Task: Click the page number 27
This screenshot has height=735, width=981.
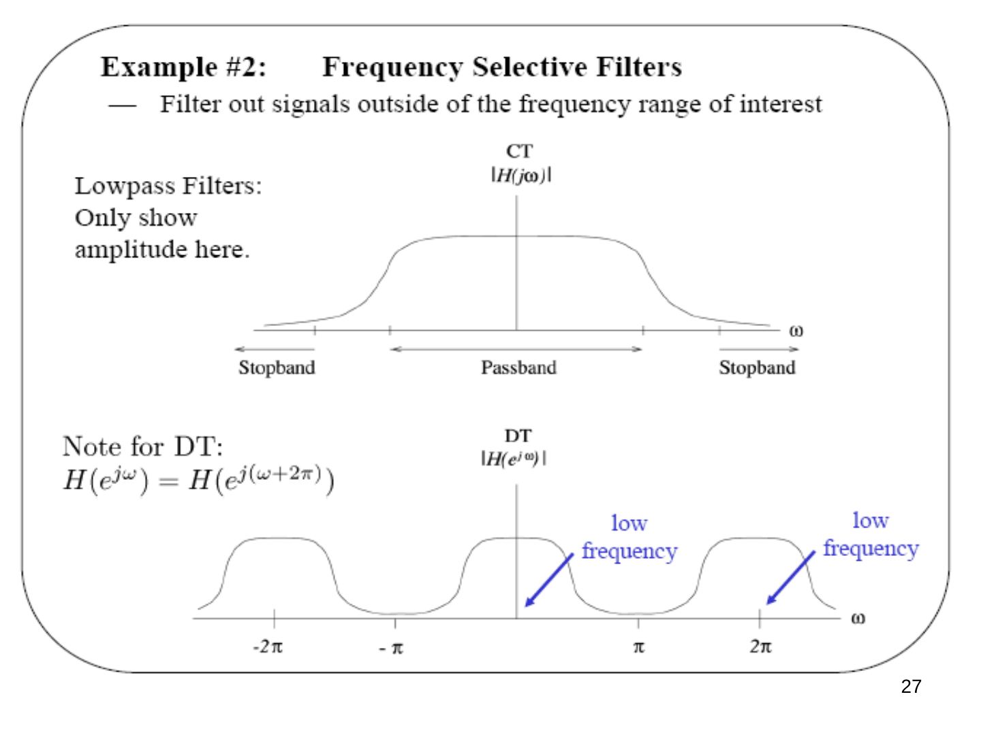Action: click(910, 687)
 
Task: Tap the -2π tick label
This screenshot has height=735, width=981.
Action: click(268, 647)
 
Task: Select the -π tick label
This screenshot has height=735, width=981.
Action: click(391, 648)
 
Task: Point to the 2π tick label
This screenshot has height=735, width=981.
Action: click(760, 647)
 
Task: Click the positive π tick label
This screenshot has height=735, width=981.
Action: click(638, 647)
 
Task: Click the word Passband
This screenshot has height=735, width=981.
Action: click(518, 367)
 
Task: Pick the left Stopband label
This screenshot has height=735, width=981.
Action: click(277, 367)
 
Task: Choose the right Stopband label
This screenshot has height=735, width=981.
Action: click(757, 367)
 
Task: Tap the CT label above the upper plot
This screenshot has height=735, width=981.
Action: click(519, 151)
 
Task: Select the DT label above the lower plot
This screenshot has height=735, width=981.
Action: click(518, 436)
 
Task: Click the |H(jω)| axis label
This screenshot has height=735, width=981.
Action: click(521, 175)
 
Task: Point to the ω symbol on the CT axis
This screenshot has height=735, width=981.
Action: click(796, 331)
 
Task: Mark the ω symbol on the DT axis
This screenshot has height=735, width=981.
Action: click(858, 619)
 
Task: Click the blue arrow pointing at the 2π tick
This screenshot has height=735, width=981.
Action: click(790, 578)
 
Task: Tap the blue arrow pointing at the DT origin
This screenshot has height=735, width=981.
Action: click(549, 580)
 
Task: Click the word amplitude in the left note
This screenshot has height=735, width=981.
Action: click(131, 250)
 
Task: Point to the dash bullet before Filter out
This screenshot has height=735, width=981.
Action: click(122, 106)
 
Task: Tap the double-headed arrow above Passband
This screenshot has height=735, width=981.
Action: click(516, 349)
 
